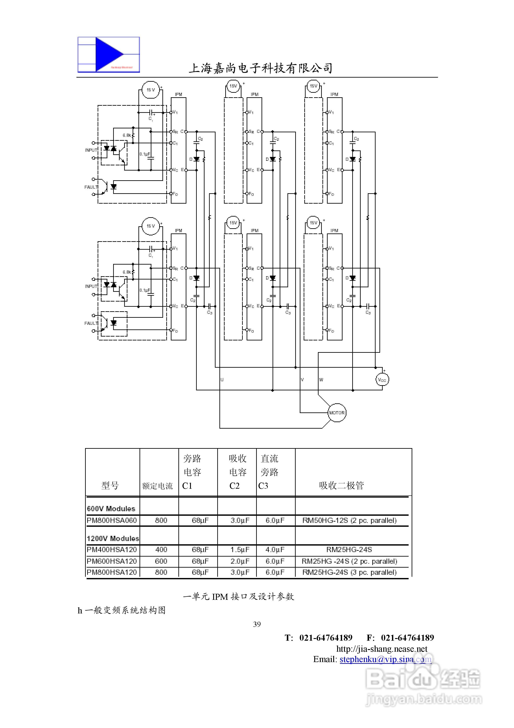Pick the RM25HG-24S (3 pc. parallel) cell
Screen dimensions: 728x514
click(349, 572)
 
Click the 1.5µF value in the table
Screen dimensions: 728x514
click(240, 549)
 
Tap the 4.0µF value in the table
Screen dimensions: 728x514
click(275, 549)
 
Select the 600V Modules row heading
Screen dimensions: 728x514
click(111, 509)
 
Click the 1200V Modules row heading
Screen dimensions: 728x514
click(113, 538)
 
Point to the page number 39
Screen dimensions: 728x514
click(257, 624)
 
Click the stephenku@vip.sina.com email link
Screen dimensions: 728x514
click(385, 659)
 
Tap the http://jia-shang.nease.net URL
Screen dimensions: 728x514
click(382, 649)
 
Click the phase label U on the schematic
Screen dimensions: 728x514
click(222, 380)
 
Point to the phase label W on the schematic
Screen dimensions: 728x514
click(321, 380)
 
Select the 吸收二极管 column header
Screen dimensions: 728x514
click(341, 485)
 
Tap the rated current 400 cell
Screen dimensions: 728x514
click(161, 549)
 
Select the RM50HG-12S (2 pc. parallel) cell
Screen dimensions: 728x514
click(349, 520)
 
